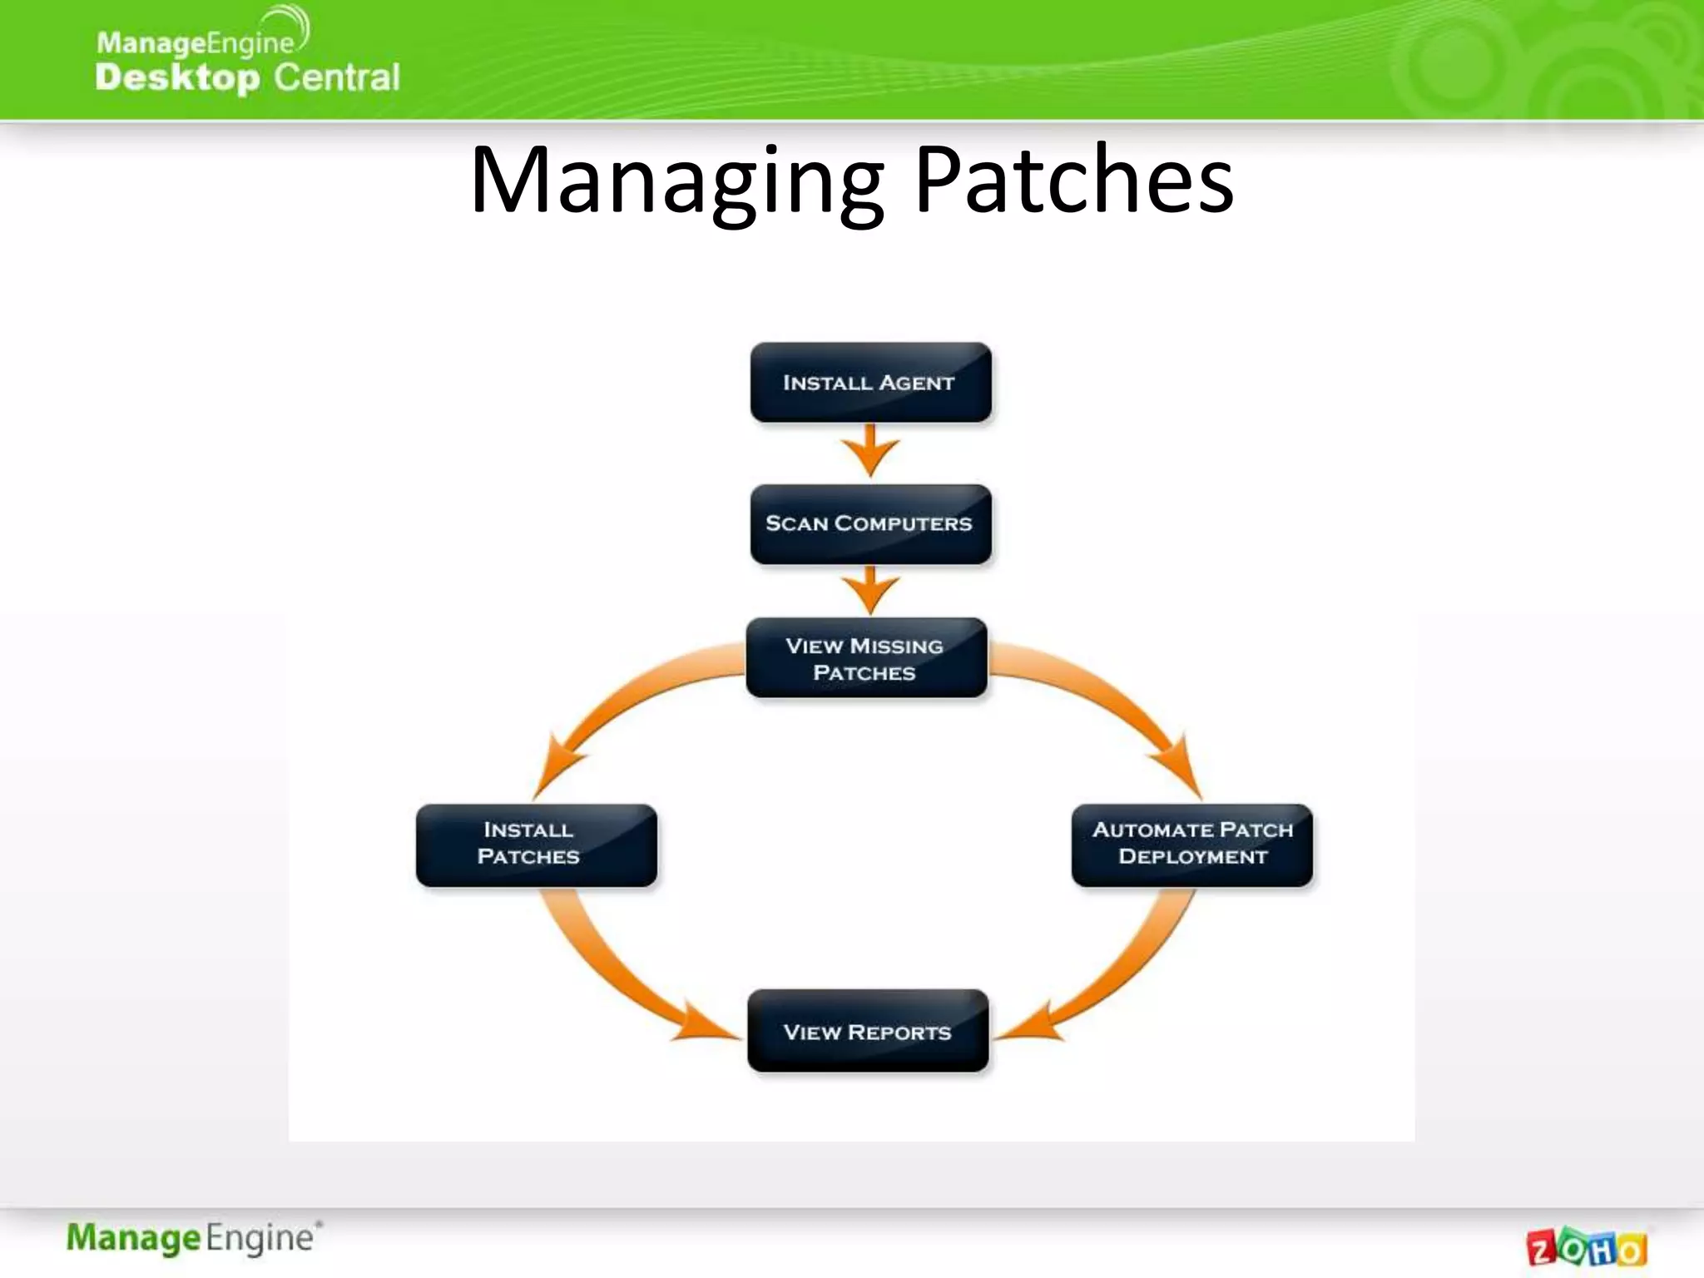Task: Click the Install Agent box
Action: (x=870, y=383)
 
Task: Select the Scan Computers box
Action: (x=870, y=524)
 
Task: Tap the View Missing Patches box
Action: (x=866, y=658)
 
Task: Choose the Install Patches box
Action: (x=536, y=845)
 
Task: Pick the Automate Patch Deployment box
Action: (x=1191, y=845)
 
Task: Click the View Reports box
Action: (x=868, y=1031)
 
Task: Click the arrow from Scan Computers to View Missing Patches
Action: (x=870, y=591)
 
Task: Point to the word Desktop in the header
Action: (x=177, y=77)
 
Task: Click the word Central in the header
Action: (x=337, y=77)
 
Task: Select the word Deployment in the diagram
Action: (x=1192, y=857)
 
